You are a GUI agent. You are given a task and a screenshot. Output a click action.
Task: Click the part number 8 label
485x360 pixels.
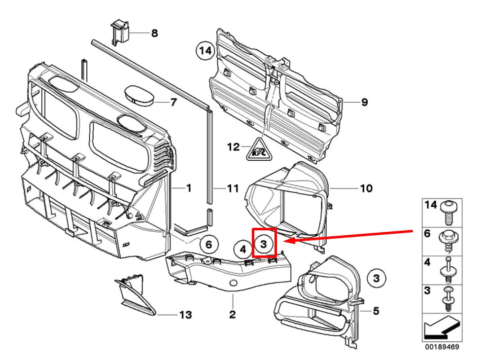(x=154, y=34)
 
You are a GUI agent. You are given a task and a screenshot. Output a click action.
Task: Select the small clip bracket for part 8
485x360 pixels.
(x=119, y=33)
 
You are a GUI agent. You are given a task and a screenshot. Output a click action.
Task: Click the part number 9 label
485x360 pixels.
(x=364, y=103)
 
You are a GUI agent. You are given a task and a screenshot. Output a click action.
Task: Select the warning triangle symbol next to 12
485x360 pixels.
(x=258, y=150)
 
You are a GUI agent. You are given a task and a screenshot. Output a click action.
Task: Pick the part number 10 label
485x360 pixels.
(x=366, y=188)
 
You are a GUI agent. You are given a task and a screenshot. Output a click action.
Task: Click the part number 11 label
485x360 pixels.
(x=232, y=188)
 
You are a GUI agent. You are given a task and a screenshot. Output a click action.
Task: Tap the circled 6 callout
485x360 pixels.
(x=208, y=244)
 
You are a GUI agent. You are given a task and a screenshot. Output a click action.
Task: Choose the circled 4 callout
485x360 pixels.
(x=242, y=250)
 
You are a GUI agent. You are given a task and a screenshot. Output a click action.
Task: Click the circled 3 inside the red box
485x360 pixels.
(x=264, y=243)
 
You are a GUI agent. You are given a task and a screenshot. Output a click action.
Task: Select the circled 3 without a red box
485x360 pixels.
(x=376, y=279)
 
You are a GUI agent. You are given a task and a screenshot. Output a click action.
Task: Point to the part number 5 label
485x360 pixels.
(x=376, y=311)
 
